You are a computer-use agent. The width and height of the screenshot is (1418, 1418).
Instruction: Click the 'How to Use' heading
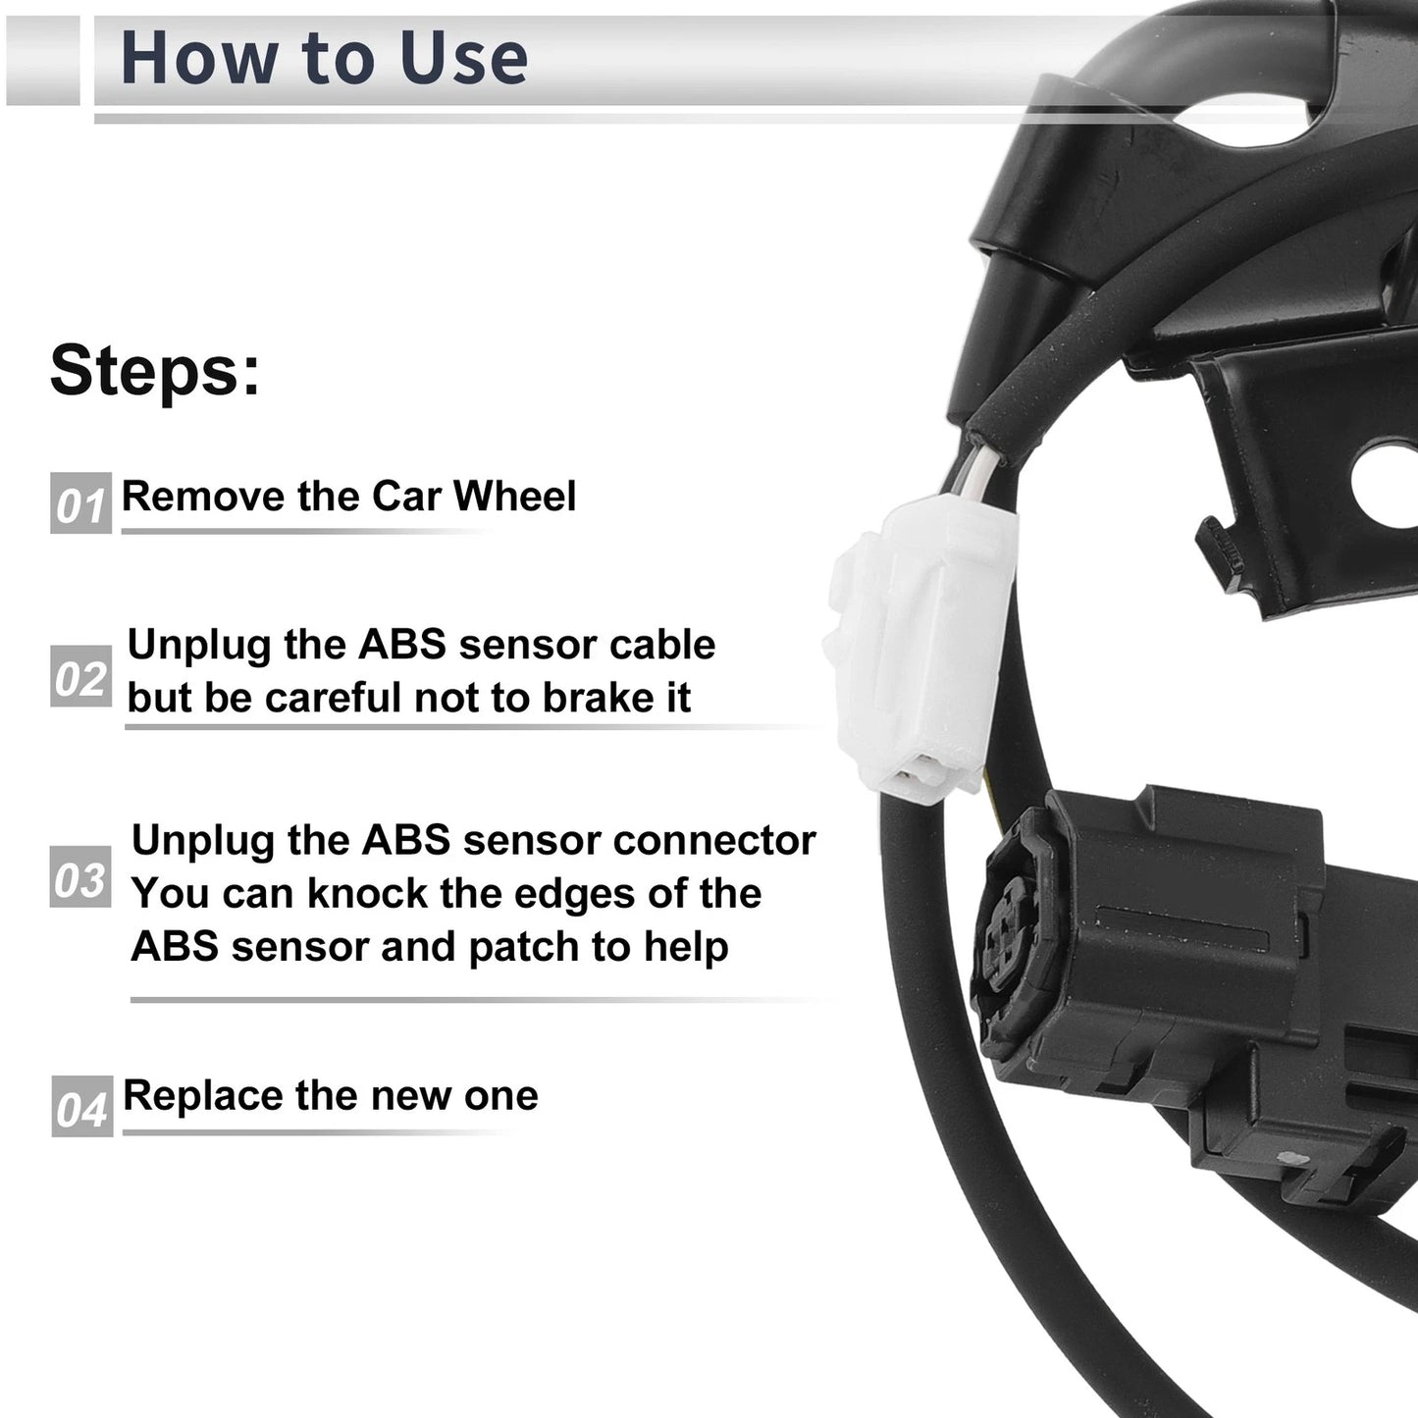tap(324, 59)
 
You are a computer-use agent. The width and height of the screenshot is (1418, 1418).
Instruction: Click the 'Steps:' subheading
tap(155, 370)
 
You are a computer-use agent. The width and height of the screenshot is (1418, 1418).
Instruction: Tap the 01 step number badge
tap(80, 503)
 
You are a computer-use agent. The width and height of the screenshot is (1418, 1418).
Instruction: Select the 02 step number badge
tap(80, 676)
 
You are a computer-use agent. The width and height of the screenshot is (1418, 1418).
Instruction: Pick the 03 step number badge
tap(80, 876)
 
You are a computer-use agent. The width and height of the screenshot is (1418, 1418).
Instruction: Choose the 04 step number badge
tap(82, 1106)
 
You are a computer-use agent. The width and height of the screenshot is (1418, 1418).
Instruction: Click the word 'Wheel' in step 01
tap(514, 496)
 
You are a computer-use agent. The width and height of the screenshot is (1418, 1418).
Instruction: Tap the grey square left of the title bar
tap(42, 60)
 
